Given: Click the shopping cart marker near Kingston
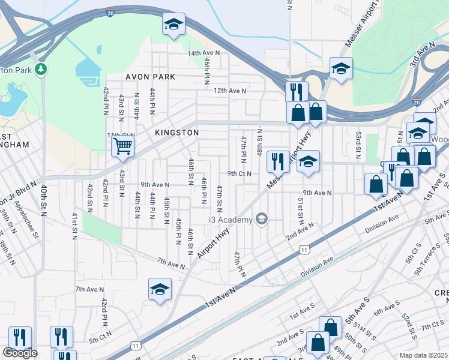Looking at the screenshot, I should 122,146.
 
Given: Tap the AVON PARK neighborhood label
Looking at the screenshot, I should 150,77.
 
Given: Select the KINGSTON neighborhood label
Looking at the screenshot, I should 176,132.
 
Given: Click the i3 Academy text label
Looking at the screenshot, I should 231,220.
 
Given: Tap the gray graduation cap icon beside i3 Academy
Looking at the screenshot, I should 261,218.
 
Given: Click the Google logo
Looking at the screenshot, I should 20,353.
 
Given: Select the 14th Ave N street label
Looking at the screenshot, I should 203,53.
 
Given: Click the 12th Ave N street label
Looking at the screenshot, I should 231,91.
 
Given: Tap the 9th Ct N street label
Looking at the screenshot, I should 239,173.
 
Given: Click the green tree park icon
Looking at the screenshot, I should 41,70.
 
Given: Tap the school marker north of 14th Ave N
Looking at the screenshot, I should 173,25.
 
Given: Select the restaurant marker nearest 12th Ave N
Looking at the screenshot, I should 295,92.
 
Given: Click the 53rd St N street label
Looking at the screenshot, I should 358,146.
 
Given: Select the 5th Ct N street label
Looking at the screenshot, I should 101,340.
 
